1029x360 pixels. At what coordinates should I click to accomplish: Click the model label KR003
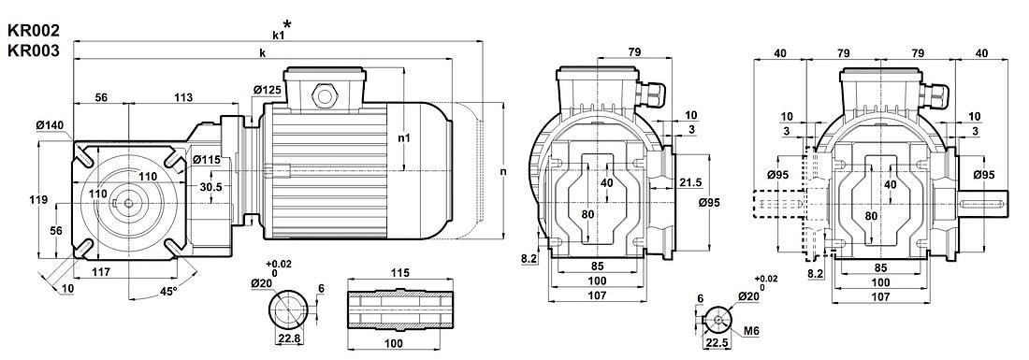pyautogui.click(x=33, y=50)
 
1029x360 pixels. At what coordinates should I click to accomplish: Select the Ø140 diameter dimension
pyautogui.click(x=51, y=124)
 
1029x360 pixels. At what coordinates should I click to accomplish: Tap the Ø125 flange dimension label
pyautogui.click(x=268, y=89)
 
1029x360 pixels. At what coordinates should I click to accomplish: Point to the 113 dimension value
pyautogui.click(x=183, y=97)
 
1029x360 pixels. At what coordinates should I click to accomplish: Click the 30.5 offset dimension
pyautogui.click(x=210, y=186)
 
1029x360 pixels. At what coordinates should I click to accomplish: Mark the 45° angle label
pyautogui.click(x=168, y=291)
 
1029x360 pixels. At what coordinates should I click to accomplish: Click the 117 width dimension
pyautogui.click(x=100, y=271)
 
